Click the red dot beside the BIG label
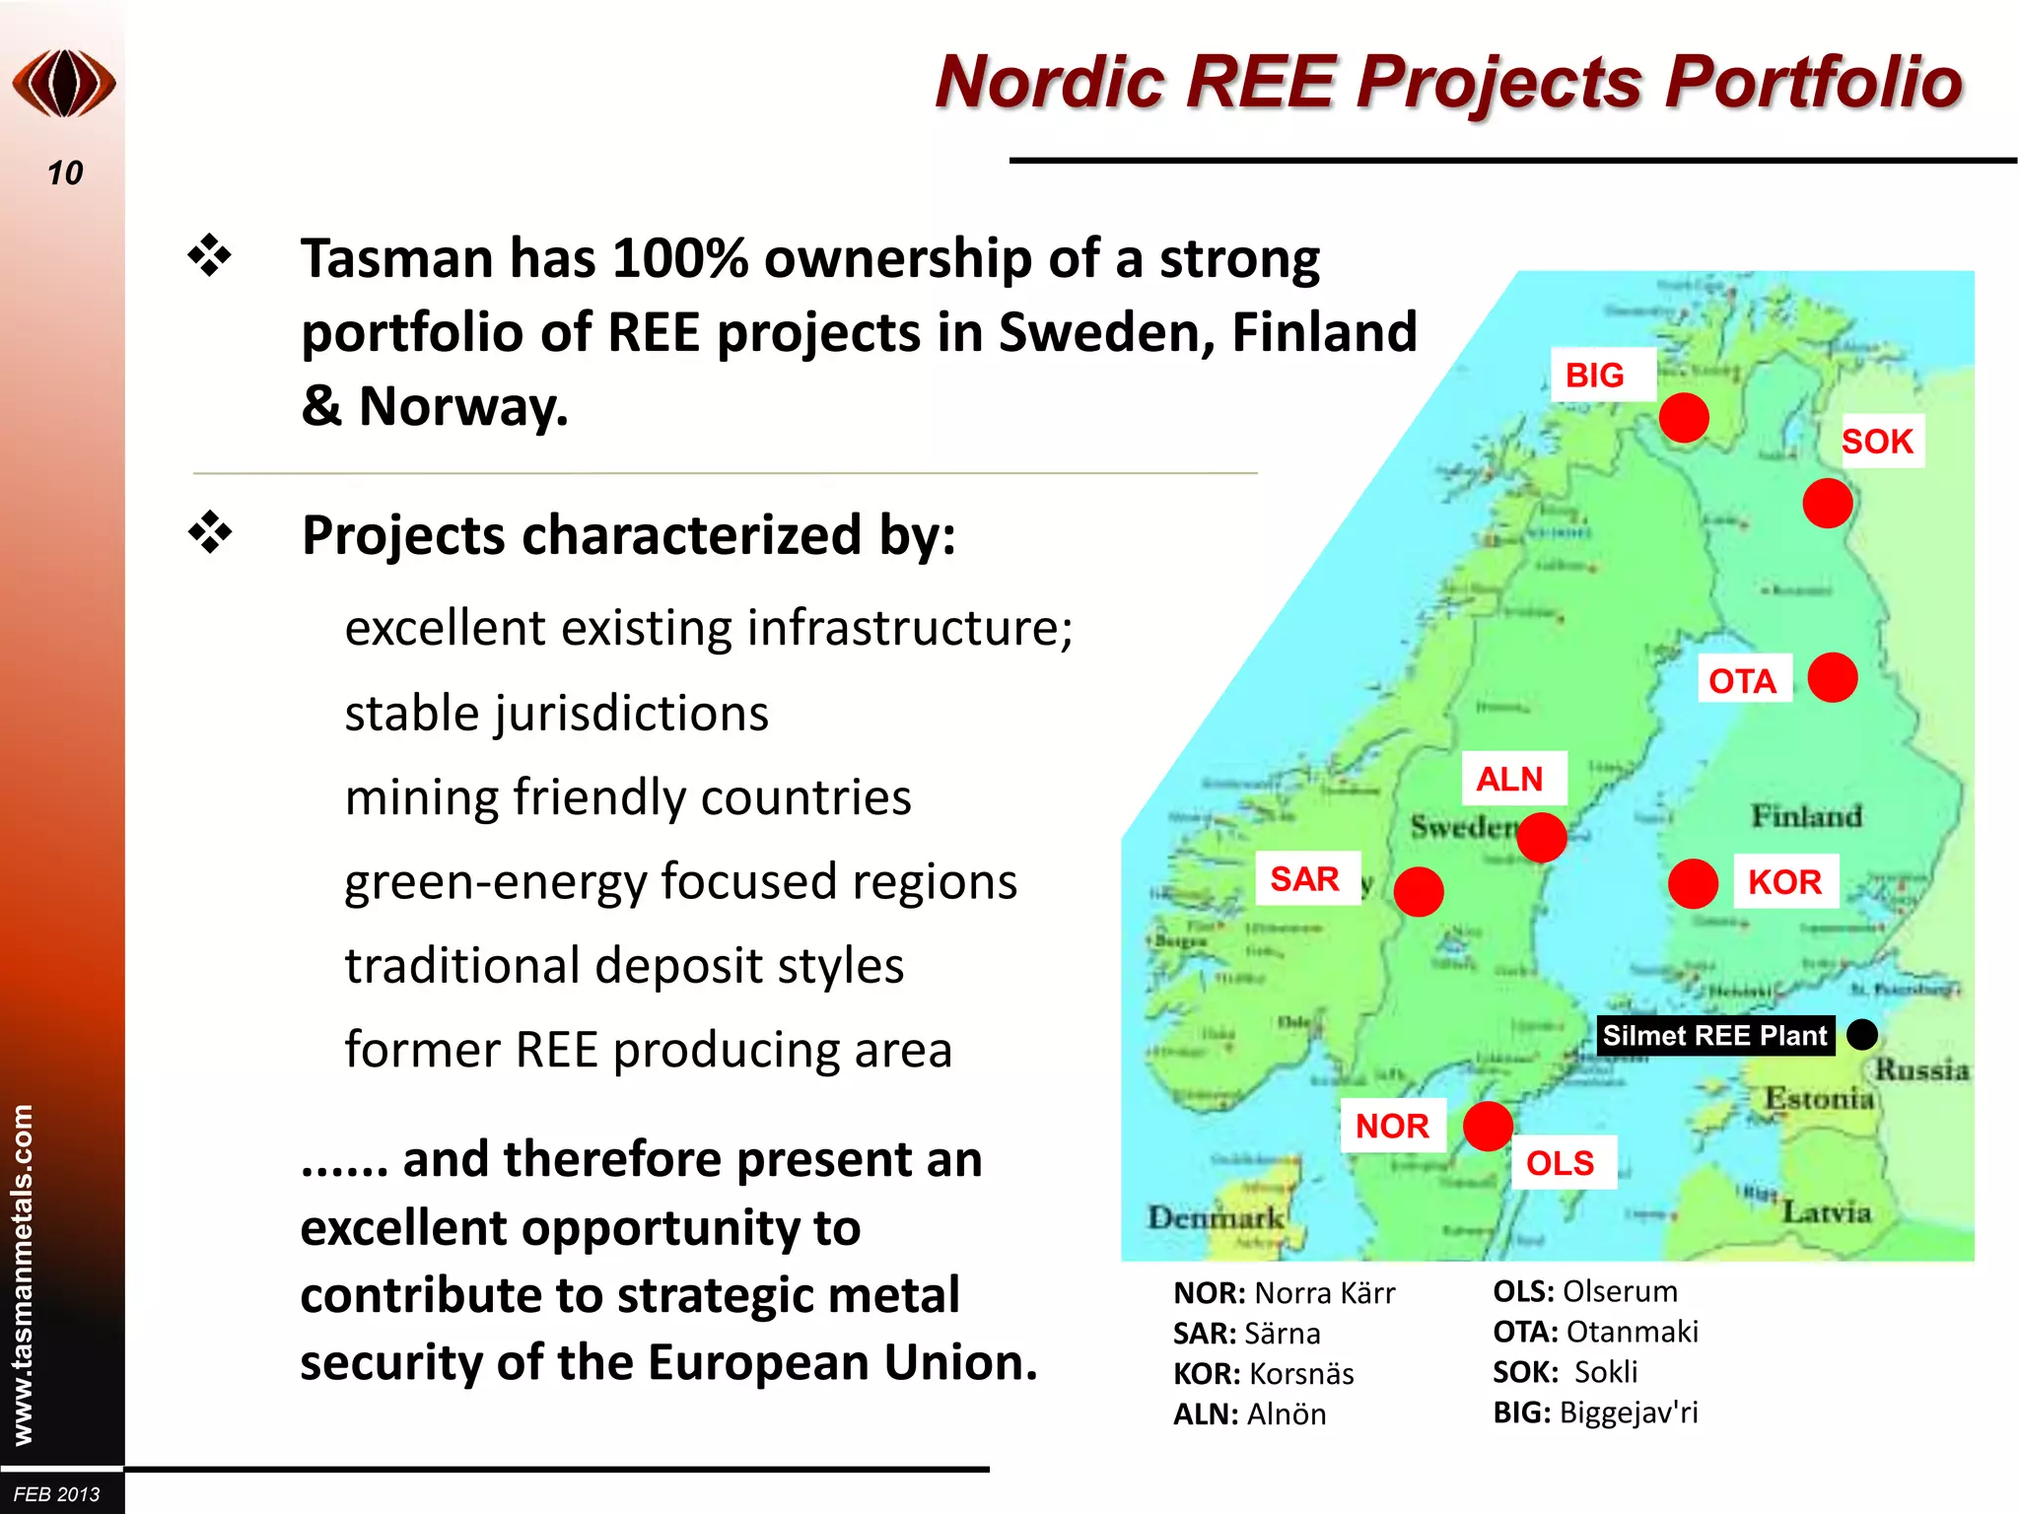[x=1683, y=418]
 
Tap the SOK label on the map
[x=1877, y=442]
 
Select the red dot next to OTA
[x=1833, y=678]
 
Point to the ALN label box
[x=1509, y=780]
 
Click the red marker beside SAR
[x=1419, y=891]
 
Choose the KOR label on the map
[x=1784, y=882]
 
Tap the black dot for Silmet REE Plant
[x=1862, y=1035]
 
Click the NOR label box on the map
[x=1392, y=1126]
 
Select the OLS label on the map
[x=1560, y=1164]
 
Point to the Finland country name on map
[x=1806, y=816]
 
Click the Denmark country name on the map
[x=1216, y=1218]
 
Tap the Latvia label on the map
[x=1826, y=1211]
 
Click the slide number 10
[x=65, y=173]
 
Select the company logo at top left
[x=64, y=84]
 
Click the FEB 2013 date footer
[x=57, y=1494]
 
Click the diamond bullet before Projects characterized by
[x=210, y=533]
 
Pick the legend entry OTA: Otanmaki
[x=1595, y=1332]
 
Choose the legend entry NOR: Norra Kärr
[x=1284, y=1293]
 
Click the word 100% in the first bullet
[x=680, y=259]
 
